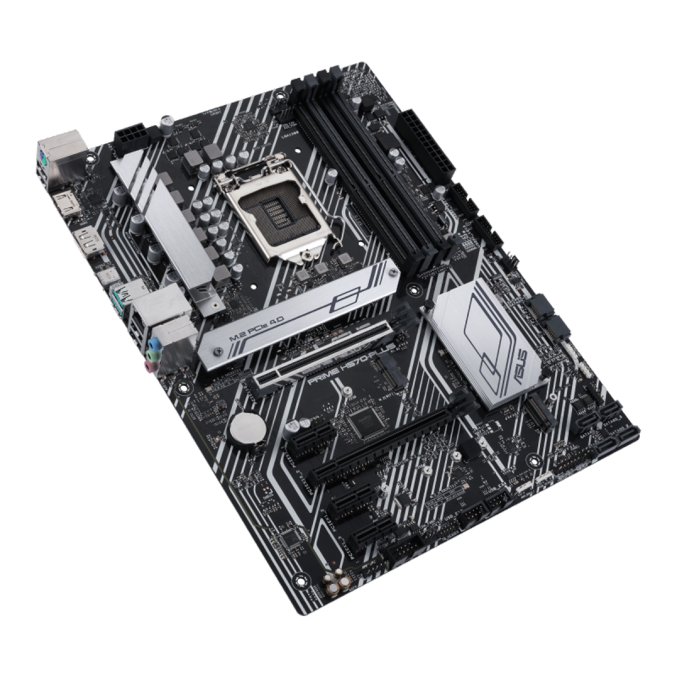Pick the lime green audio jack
tap(152, 355)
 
